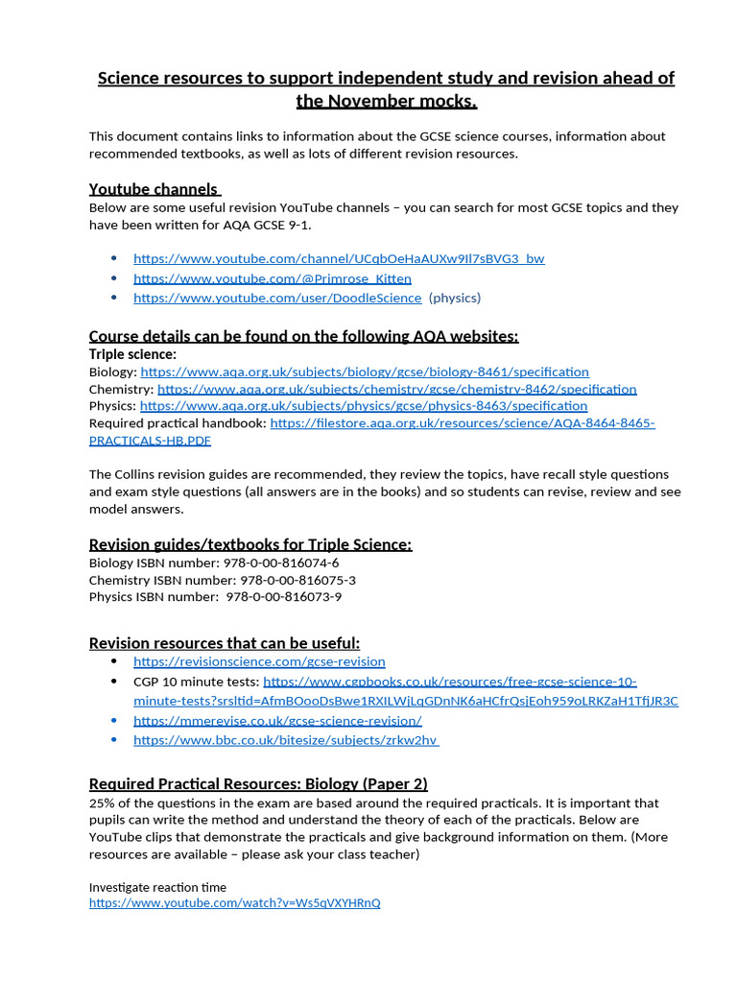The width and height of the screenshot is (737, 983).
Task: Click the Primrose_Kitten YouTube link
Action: point(272,278)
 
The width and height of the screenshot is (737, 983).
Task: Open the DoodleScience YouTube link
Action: point(277,298)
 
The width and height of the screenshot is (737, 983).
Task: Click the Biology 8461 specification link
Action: point(365,372)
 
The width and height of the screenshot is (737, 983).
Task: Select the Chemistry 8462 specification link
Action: point(396,389)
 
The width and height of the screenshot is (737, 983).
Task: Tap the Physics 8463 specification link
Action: point(364,406)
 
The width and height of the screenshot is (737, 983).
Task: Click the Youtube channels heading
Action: point(154,189)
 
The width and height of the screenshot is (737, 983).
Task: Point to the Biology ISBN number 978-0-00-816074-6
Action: point(280,563)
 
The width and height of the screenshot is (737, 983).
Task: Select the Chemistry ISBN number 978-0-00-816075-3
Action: point(297,581)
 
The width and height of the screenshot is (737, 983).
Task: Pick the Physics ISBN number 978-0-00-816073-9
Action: point(284,597)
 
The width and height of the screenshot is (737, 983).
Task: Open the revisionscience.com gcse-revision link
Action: point(259,661)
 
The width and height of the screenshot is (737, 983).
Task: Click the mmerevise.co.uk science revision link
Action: point(277,720)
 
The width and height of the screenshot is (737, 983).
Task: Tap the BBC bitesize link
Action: point(286,740)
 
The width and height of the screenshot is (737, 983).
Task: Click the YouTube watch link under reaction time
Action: point(235,903)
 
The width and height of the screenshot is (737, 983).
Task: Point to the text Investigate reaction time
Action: point(157,887)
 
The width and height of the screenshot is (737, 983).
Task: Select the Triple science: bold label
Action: point(132,354)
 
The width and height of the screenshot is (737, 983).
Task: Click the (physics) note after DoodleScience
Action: point(455,298)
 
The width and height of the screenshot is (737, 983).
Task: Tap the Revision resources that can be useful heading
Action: point(225,643)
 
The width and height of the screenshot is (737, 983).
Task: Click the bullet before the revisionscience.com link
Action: point(114,661)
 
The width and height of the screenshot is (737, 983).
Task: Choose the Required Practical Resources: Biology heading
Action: point(258,783)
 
